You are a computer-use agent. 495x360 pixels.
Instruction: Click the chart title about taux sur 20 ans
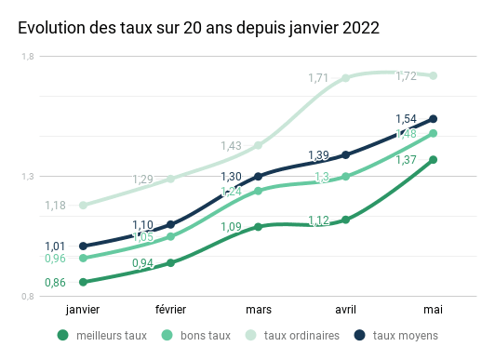tap(197, 29)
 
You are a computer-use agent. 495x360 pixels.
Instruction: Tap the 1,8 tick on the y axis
tap(28, 58)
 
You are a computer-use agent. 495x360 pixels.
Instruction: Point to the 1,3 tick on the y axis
tap(28, 177)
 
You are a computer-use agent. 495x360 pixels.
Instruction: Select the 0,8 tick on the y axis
tap(28, 297)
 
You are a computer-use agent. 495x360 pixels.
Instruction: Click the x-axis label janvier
tap(83, 309)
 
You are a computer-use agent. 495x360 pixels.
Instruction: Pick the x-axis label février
tap(170, 309)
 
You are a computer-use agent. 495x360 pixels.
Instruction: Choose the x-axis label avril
tap(345, 309)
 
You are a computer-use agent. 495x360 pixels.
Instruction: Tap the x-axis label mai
tap(433, 309)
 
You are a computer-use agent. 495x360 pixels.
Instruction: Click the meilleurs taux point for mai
tap(433, 160)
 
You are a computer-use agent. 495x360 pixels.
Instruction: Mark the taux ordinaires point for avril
tap(345, 78)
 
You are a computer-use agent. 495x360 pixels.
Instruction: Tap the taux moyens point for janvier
tap(83, 247)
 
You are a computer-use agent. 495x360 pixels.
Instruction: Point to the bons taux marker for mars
tap(258, 191)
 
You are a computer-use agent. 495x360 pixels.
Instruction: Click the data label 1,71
tap(318, 78)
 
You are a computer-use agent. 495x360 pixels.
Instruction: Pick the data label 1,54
tap(406, 119)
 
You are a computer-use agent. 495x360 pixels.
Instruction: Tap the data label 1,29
tap(143, 180)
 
